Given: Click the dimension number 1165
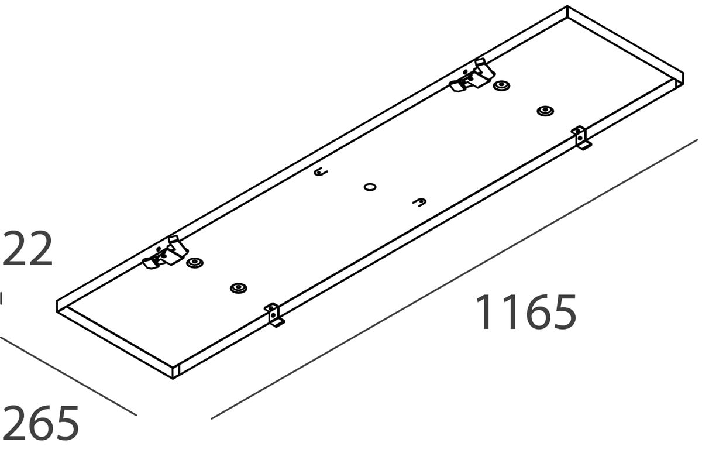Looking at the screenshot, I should [525, 312].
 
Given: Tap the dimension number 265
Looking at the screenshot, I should [40, 423].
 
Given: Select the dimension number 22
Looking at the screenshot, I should [27, 250].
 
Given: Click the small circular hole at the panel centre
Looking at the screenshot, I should [370, 187].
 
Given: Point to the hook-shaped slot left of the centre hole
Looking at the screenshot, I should [321, 173].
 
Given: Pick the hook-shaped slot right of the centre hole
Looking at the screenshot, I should [419, 203].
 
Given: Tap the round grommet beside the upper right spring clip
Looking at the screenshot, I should [501, 86].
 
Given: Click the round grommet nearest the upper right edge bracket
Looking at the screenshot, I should [545, 111].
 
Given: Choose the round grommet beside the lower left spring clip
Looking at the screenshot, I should [194, 263].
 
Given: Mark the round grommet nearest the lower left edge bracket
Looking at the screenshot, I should [238, 288].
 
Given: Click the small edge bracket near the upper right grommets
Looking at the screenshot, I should [580, 138].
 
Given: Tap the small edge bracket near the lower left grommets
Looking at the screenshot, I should [273, 314].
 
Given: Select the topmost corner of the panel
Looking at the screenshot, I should [567, 7].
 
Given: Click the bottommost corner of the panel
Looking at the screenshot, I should [174, 378].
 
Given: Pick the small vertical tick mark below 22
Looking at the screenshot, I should [1, 298].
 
